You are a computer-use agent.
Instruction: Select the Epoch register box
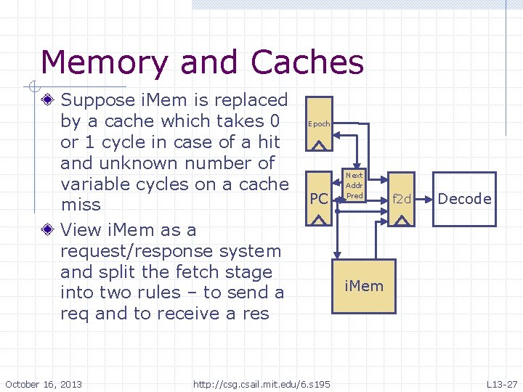point(319,124)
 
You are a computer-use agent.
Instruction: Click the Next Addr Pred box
point(354,186)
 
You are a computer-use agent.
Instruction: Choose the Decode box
point(465,199)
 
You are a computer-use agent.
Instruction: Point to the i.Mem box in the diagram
point(364,285)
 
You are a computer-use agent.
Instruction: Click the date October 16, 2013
point(44,383)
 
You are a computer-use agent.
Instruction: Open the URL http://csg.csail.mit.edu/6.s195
point(261,383)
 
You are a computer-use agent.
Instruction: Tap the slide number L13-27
point(501,383)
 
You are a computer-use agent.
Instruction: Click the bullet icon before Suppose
point(48,100)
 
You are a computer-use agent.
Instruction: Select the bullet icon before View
point(48,231)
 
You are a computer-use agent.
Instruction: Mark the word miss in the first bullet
point(81,205)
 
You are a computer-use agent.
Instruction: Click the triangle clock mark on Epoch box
point(319,144)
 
